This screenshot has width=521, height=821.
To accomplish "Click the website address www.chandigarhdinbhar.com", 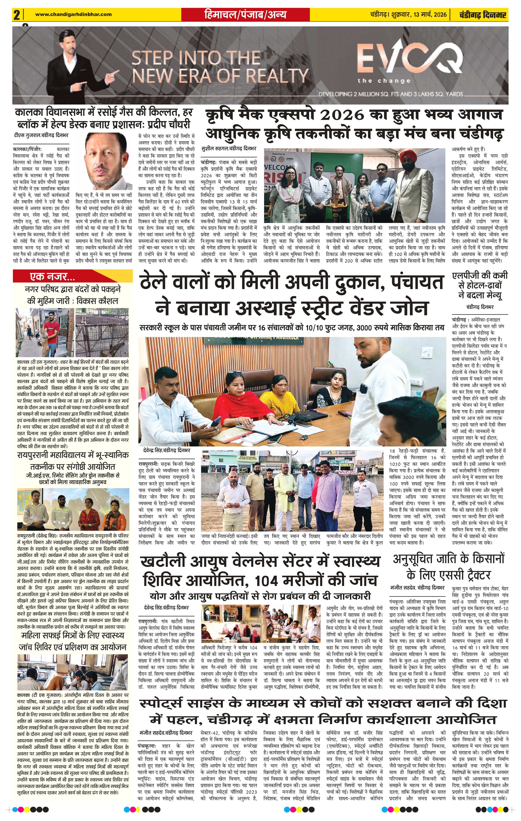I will pos(73,14).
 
